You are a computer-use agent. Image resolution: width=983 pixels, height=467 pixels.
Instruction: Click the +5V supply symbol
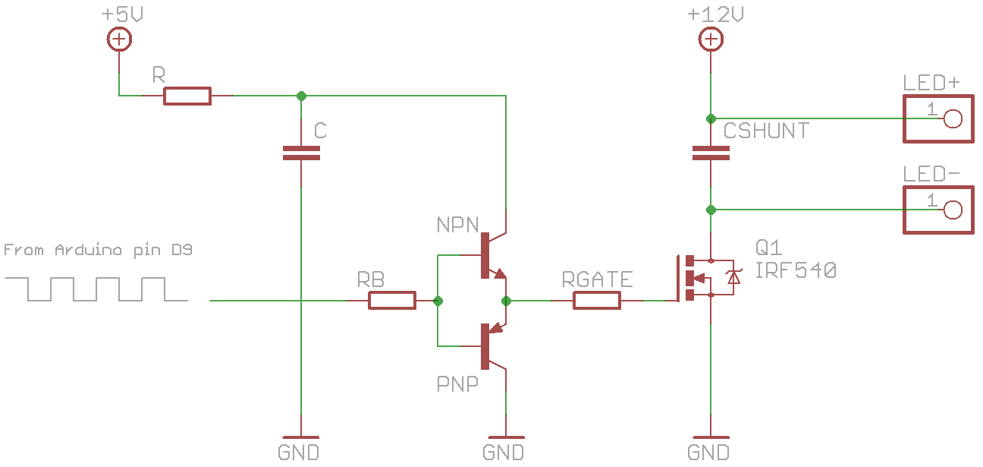click(x=119, y=39)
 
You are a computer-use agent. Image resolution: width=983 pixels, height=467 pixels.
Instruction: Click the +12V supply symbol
click(x=711, y=39)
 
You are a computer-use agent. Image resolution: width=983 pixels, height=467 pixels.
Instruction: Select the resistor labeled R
click(x=187, y=96)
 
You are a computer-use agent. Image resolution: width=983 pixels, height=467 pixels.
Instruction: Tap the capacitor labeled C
click(x=301, y=153)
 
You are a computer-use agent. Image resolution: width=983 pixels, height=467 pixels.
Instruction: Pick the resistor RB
click(x=392, y=301)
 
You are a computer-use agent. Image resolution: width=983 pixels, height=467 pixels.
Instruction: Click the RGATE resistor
click(x=597, y=301)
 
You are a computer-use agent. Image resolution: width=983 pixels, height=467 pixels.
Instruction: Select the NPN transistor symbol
click(x=491, y=255)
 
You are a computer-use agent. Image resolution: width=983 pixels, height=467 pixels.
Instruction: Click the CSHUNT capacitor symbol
click(x=711, y=153)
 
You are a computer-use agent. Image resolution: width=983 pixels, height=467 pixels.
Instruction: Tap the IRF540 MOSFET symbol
click(x=702, y=278)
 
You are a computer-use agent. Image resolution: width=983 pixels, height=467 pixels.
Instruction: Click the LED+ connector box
click(x=937, y=118)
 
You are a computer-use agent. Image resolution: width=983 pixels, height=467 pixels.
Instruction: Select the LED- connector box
click(x=937, y=210)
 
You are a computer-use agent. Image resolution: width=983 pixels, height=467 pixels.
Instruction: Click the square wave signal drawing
click(x=96, y=289)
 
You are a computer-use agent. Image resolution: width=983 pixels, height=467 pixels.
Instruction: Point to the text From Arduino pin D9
click(x=98, y=250)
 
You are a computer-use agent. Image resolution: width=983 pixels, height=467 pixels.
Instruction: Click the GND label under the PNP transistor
click(x=504, y=453)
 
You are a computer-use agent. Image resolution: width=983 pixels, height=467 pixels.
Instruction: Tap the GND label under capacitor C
click(x=299, y=453)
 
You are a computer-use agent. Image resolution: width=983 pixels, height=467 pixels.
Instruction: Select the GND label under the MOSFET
click(x=708, y=453)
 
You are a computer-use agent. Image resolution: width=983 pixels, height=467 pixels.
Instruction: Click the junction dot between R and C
click(x=301, y=96)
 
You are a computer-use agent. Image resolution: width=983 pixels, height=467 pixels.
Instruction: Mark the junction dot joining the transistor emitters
click(x=506, y=301)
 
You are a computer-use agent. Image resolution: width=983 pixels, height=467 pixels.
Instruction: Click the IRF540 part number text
click(x=796, y=270)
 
